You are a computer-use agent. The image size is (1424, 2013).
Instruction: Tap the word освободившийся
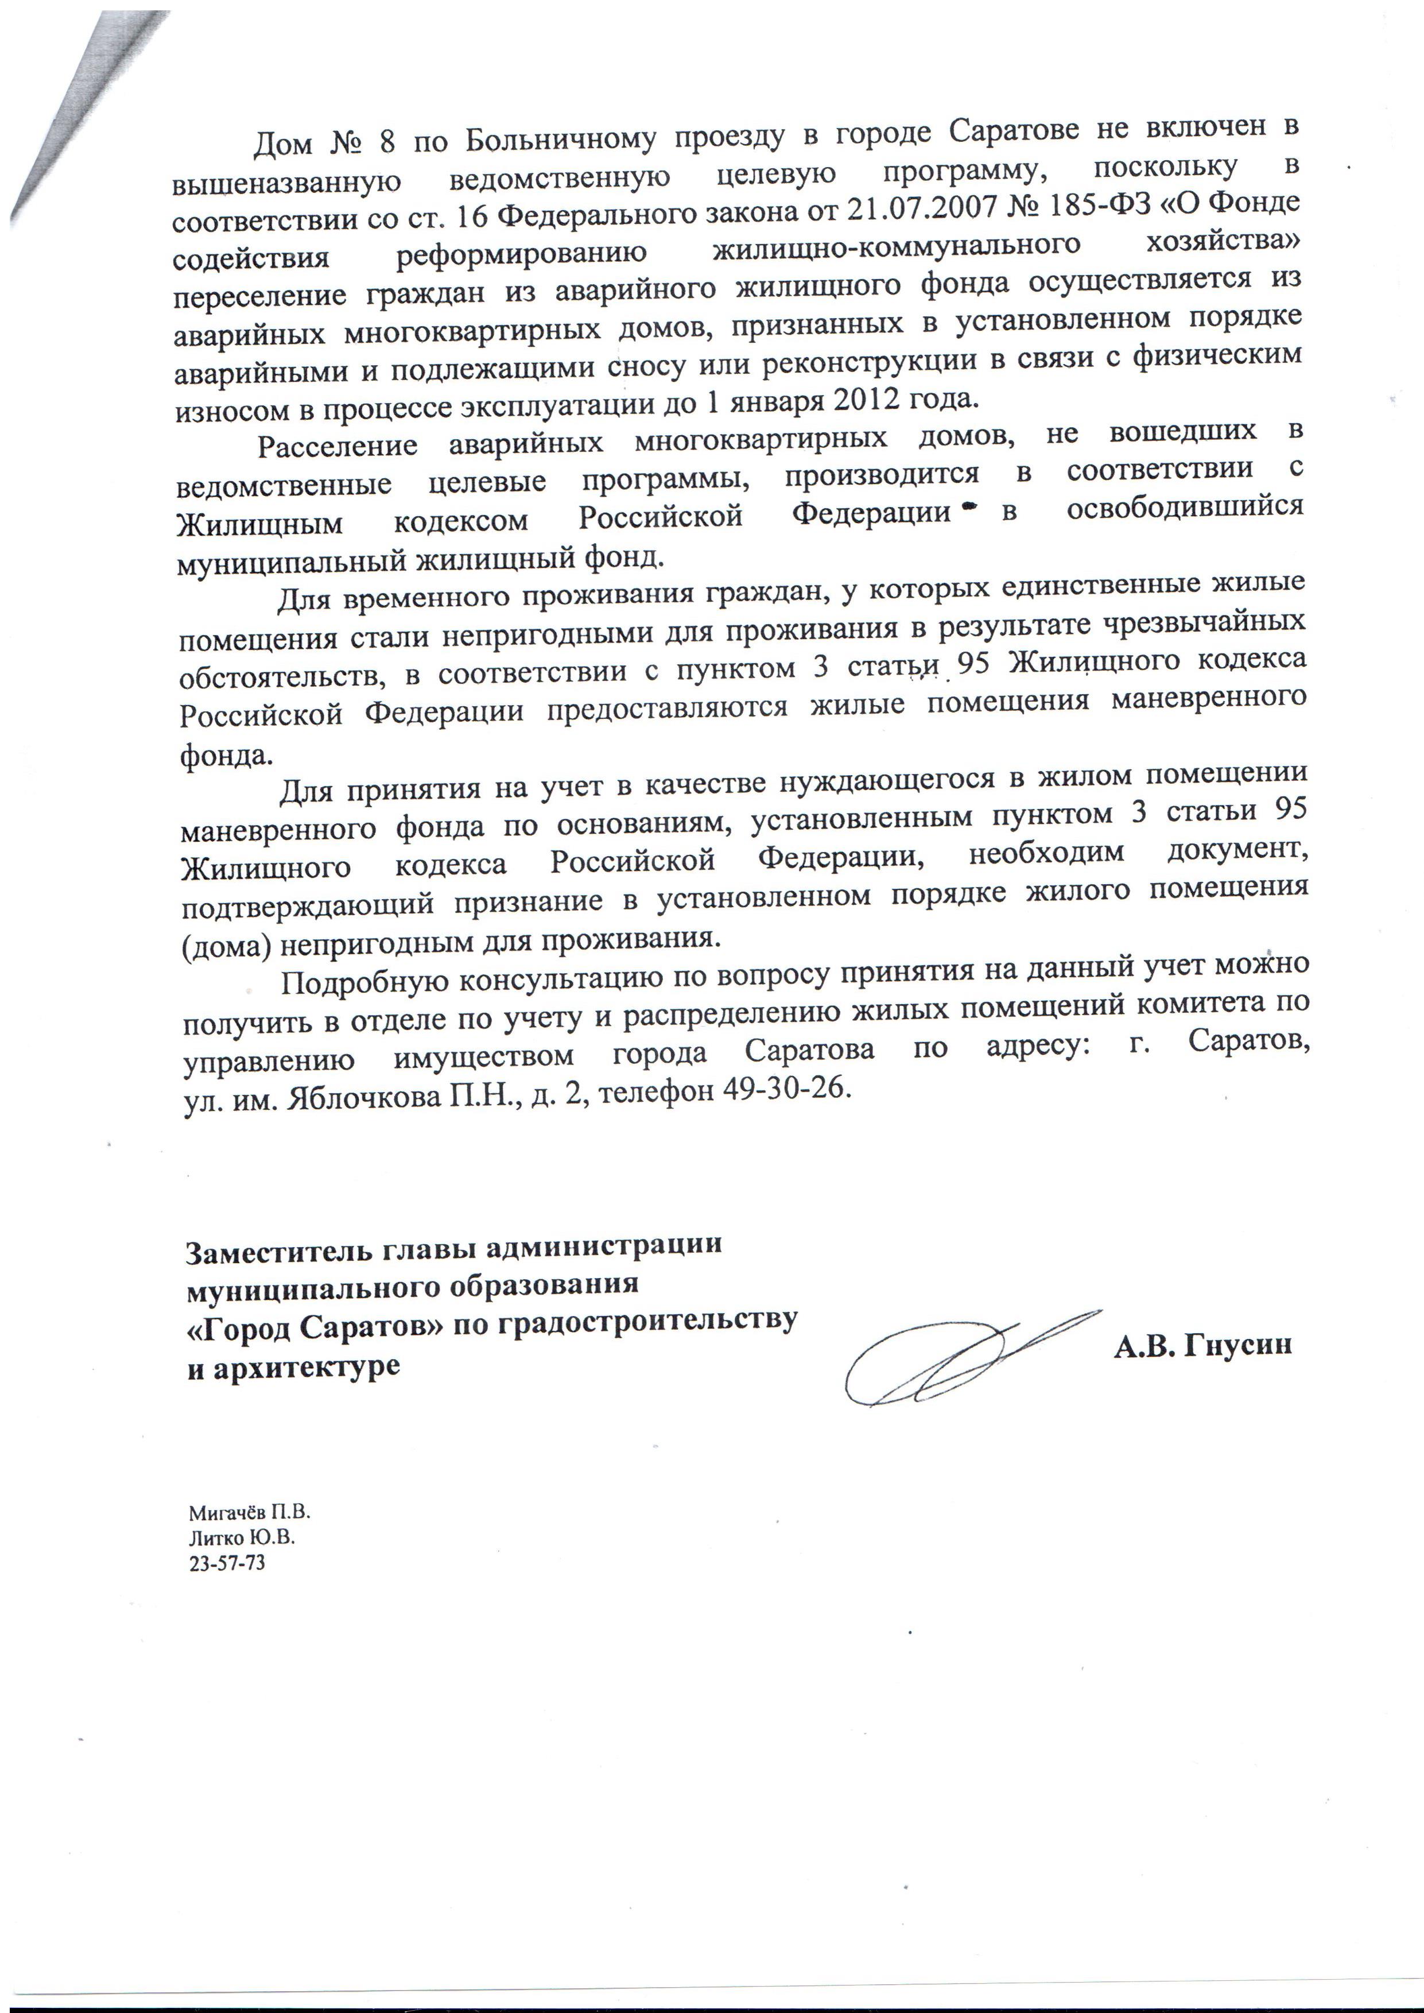tap(1185, 508)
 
